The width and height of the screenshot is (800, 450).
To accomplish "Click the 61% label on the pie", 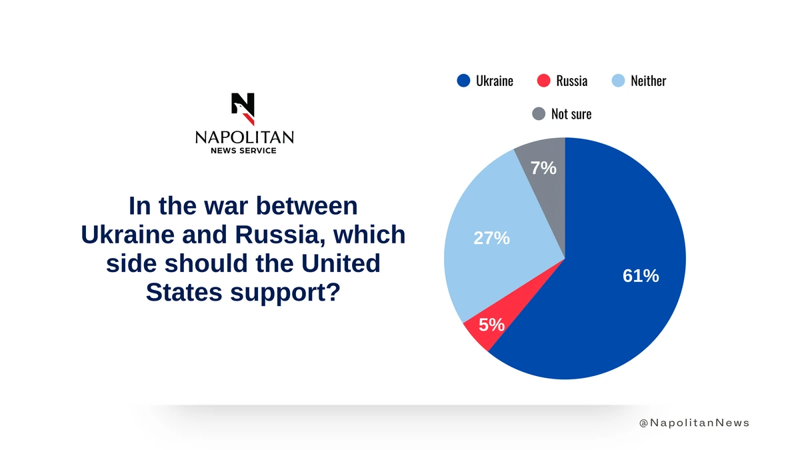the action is point(641,276).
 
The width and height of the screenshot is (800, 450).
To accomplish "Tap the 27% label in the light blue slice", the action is point(491,238).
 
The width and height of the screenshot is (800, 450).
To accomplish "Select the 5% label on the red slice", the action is point(491,325).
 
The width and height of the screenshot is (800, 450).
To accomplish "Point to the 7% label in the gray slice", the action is point(543,168).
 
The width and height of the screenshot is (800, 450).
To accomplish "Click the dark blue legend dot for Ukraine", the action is point(463,81).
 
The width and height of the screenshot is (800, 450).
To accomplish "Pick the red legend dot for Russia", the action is point(543,81).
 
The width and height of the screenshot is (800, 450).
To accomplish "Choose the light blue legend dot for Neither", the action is point(618,81).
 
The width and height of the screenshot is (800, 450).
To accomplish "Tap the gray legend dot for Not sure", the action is point(539,113).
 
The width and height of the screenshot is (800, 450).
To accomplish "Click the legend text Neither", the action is point(648,81).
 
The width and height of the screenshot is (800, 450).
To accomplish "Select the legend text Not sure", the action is point(571,114).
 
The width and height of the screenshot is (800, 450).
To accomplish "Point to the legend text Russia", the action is point(572,81).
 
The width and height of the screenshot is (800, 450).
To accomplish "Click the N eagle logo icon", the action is point(243,109).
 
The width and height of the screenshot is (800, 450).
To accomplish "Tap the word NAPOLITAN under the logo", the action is point(245,137).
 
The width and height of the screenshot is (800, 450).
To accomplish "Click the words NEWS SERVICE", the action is point(243,151).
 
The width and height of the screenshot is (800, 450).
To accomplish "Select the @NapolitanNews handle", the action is point(694,423).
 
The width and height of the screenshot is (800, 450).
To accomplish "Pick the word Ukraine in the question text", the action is point(127,235).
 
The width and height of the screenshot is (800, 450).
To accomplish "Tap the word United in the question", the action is point(341,263).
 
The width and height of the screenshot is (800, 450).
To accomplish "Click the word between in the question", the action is point(307,206).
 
